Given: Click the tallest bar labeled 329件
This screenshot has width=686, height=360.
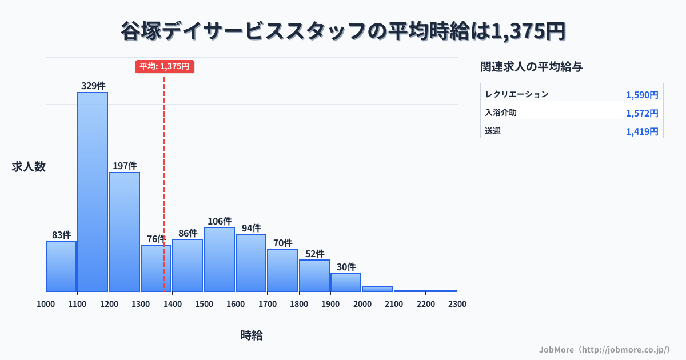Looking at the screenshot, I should point(93,191).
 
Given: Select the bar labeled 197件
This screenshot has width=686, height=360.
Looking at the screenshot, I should point(124,231).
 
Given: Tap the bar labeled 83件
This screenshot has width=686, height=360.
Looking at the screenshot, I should point(61,266).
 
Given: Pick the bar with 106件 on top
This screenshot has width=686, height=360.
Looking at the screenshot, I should point(219,259).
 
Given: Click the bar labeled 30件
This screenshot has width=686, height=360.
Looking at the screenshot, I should point(346,282).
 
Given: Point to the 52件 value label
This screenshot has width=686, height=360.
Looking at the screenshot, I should point(314,254).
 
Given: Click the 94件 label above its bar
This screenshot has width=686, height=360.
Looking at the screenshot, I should point(251,228).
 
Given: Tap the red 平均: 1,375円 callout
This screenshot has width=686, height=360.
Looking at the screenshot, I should point(165,66).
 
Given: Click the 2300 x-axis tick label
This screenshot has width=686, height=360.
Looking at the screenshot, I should point(457,304).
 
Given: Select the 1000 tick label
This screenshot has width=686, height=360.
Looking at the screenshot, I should point(46,304).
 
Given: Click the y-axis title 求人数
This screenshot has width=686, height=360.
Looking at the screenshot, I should point(29,167).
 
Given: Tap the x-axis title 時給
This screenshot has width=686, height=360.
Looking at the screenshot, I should point(252,335).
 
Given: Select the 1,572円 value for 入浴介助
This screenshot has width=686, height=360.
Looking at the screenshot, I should point(642,113).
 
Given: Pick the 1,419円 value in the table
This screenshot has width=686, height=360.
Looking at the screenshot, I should point(642,131).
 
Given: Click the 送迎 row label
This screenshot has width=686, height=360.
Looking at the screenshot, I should point(493,131).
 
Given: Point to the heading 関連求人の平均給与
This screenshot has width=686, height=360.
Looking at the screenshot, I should point(532,67).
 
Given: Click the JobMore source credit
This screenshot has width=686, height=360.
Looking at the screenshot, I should point(604,349).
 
